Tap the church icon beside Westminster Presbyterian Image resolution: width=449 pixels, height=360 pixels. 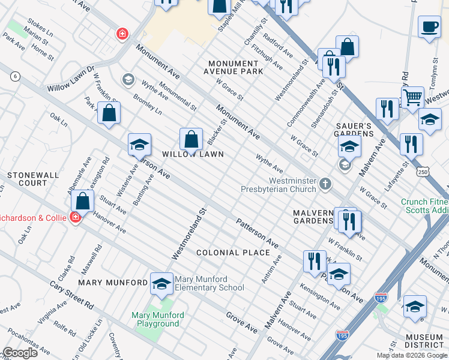click(x=325, y=183)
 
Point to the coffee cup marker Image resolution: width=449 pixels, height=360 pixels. click(x=429, y=28)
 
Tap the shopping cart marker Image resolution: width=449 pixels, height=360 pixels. click(x=412, y=97)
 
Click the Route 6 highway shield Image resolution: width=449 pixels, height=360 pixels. click(x=15, y=76)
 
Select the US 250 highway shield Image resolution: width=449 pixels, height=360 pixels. click(x=423, y=172)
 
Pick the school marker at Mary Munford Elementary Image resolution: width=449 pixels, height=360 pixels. click(x=161, y=284)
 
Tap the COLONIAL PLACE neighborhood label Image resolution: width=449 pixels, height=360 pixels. click(x=234, y=253)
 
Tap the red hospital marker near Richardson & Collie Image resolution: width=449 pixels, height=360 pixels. click(x=76, y=217)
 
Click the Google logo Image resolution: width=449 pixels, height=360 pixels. click(x=20, y=353)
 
